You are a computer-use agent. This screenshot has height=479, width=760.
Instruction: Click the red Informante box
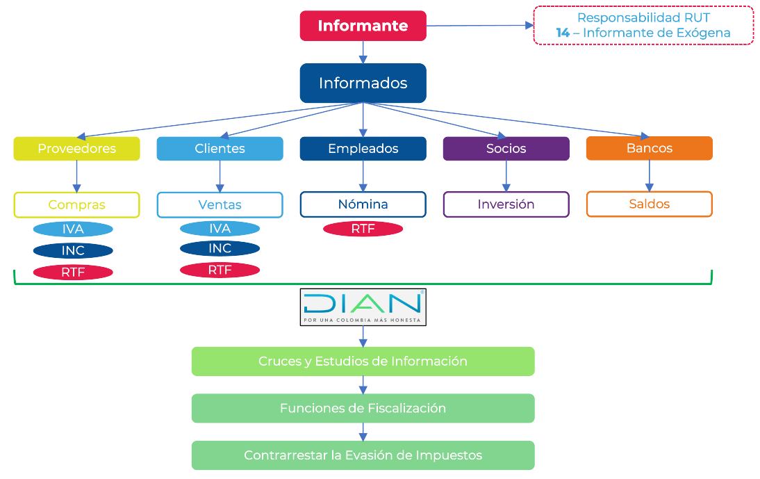click(x=363, y=26)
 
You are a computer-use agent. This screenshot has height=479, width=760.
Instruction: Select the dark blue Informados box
click(x=363, y=83)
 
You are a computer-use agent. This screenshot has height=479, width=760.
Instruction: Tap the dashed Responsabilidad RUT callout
click(x=643, y=25)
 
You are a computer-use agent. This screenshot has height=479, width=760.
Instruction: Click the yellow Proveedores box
click(x=76, y=148)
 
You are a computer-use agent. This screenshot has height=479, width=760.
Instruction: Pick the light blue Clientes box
click(x=220, y=148)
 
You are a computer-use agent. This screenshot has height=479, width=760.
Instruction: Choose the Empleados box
click(x=363, y=148)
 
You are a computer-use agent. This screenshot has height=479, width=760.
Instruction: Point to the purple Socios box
click(x=506, y=148)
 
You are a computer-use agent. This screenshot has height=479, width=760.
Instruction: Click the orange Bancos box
click(x=650, y=148)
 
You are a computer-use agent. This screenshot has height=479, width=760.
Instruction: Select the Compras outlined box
click(x=76, y=204)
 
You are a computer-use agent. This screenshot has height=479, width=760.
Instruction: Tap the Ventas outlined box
click(x=220, y=204)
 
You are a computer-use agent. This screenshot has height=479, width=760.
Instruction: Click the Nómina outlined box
click(x=363, y=204)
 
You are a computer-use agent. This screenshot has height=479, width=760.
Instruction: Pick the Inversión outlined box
click(x=506, y=204)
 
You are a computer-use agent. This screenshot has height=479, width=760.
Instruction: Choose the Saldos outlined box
click(x=650, y=204)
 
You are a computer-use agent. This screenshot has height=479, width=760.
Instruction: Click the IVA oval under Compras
click(x=73, y=229)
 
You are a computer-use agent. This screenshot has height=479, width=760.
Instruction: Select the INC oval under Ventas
click(x=220, y=248)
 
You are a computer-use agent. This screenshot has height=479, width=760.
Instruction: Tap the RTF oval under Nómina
click(x=363, y=228)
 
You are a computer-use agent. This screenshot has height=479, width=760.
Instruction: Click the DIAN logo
click(x=363, y=307)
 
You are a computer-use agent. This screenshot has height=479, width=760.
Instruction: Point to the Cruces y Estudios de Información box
click(x=363, y=362)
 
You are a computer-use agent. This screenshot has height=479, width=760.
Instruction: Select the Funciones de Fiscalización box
click(x=363, y=408)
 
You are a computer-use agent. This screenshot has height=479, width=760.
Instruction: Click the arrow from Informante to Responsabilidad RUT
click(x=480, y=25)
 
